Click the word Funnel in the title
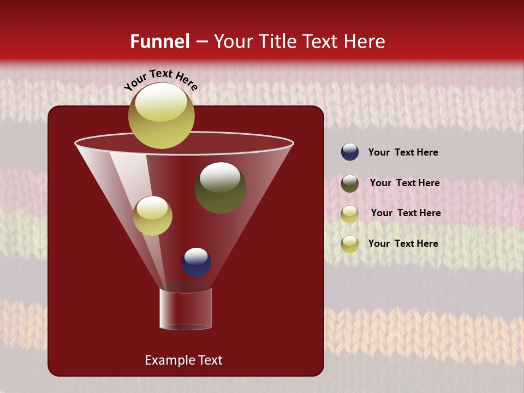(160, 41)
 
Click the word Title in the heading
(276, 41)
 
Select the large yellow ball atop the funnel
(162, 116)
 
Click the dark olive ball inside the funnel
(220, 188)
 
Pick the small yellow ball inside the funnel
(152, 216)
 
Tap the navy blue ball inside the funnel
(196, 262)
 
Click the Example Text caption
(184, 360)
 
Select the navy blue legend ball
(350, 152)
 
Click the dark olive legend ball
(350, 183)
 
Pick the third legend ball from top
(350, 214)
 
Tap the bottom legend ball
(350, 244)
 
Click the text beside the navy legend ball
(403, 152)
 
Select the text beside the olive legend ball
(404, 183)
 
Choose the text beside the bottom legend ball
(403, 243)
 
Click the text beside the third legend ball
(406, 213)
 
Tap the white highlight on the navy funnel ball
(196, 255)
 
